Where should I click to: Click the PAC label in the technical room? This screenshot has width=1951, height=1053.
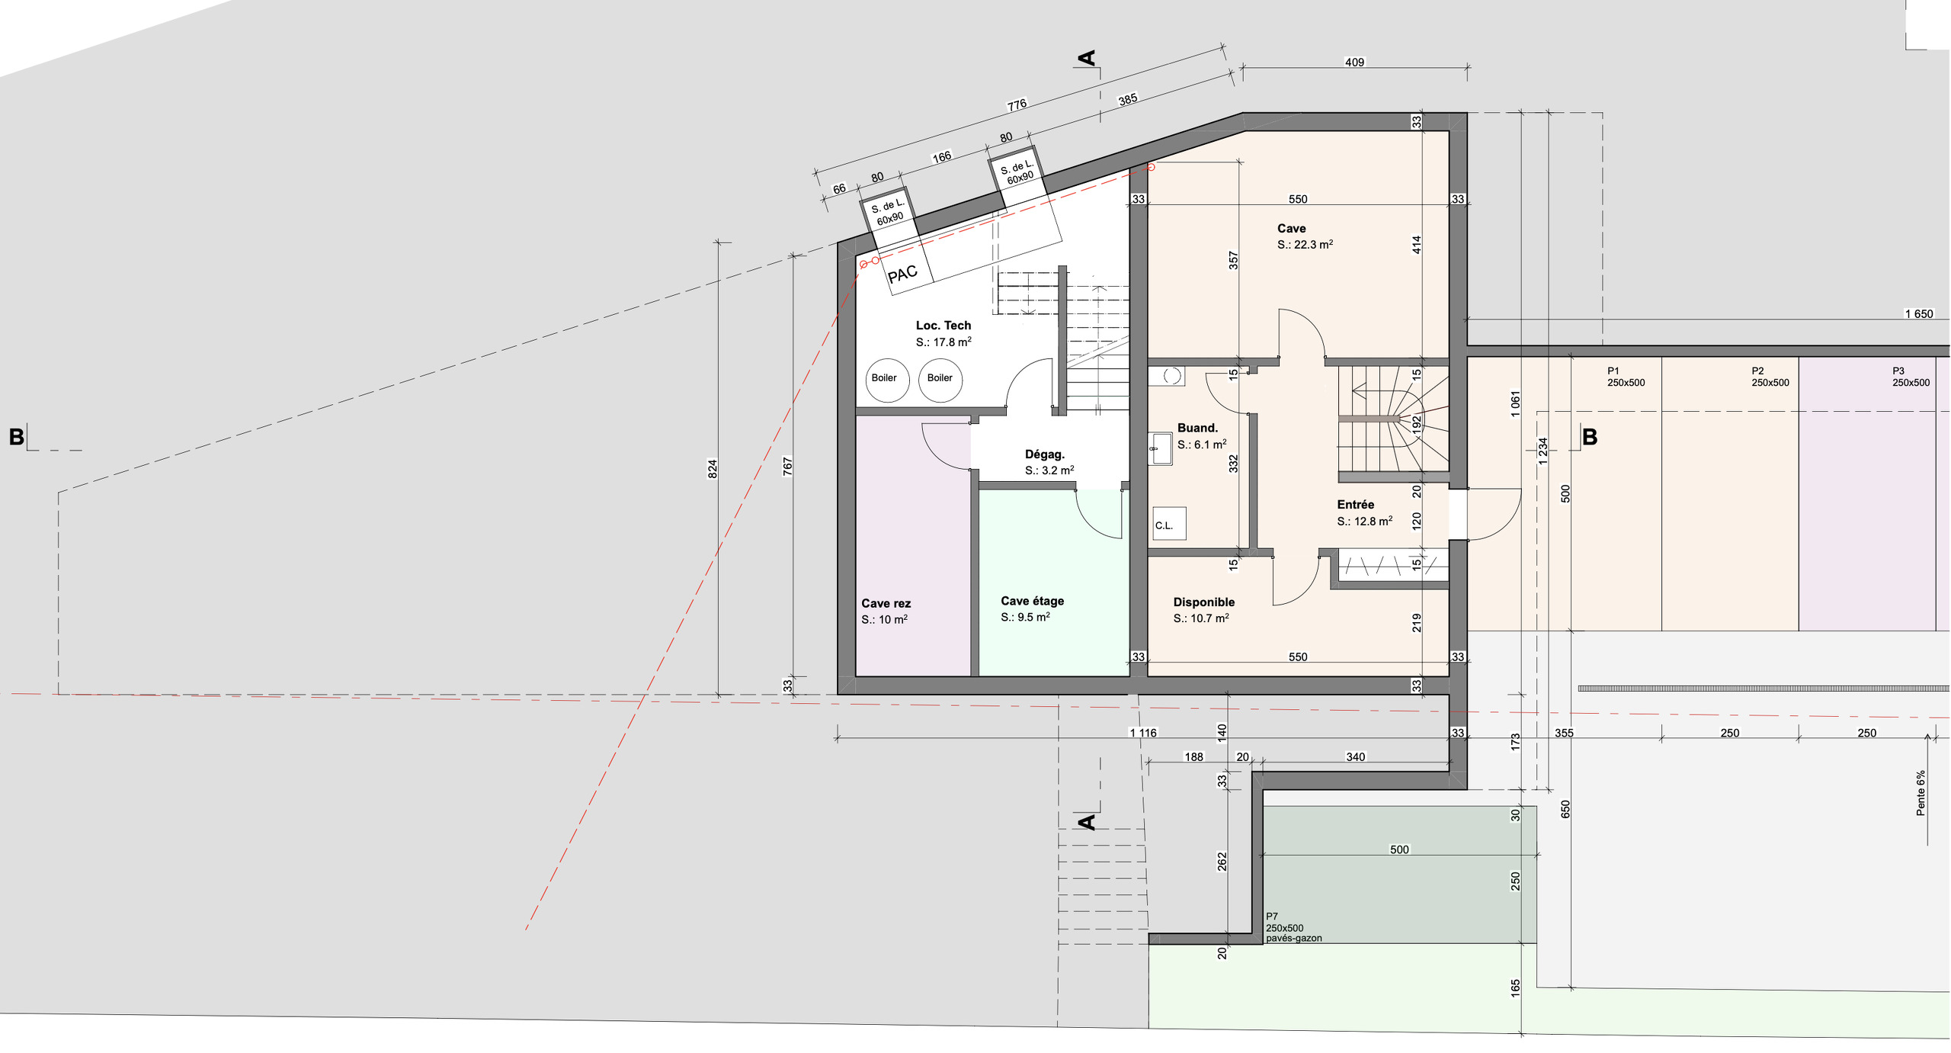(902, 274)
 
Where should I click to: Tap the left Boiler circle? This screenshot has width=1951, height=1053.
(887, 380)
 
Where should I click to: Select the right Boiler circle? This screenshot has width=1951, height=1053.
(940, 380)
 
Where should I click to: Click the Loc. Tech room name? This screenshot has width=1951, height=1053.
(943, 326)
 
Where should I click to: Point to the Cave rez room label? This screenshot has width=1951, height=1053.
(886, 603)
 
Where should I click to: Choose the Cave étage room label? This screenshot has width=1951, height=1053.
(1032, 601)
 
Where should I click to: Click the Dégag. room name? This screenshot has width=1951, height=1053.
(1045, 454)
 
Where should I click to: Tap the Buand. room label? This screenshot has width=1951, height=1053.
(1197, 429)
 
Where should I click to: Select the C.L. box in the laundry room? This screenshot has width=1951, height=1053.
(1169, 524)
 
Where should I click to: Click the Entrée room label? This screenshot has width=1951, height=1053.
(1356, 505)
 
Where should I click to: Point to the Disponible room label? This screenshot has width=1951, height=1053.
(1204, 602)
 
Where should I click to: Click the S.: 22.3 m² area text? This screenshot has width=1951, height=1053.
(1305, 245)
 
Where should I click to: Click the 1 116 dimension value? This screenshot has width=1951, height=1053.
(1142, 733)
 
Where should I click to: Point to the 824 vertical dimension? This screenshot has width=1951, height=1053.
(713, 469)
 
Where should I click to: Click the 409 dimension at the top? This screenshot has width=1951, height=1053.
(1354, 63)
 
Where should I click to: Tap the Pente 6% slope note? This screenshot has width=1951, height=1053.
(1921, 793)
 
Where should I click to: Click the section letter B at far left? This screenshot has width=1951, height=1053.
(16, 437)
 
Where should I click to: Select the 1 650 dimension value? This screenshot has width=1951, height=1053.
(1919, 314)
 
